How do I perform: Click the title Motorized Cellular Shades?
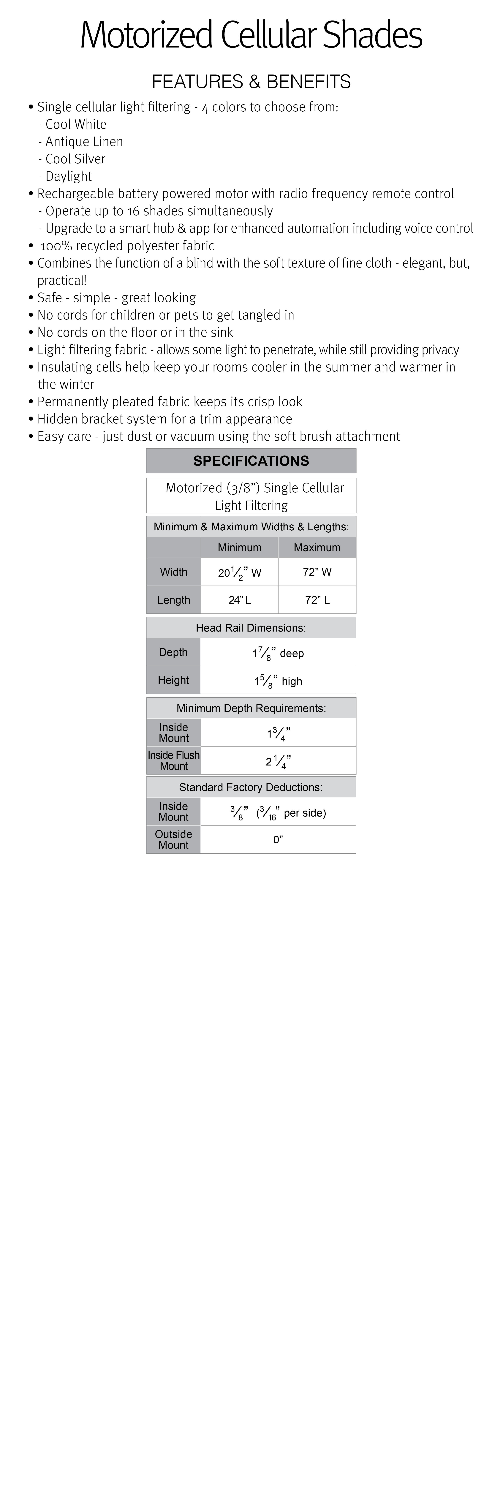tap(251, 35)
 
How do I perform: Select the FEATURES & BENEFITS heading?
tap(251, 81)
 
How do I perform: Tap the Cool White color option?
tap(75, 124)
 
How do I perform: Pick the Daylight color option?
tap(69, 176)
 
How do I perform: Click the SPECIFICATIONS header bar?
tap(251, 461)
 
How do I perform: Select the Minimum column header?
tap(240, 548)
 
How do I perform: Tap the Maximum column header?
tap(317, 548)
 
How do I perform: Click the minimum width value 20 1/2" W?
tap(240, 572)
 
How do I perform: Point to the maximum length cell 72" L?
tap(317, 600)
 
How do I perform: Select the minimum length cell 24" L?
tap(240, 600)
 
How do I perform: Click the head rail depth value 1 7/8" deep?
tap(278, 653)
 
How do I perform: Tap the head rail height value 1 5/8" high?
tap(278, 681)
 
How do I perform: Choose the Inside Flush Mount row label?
tap(173, 760)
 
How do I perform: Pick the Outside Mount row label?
tap(173, 839)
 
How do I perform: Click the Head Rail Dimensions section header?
tap(251, 628)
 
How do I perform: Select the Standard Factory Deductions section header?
tap(251, 787)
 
